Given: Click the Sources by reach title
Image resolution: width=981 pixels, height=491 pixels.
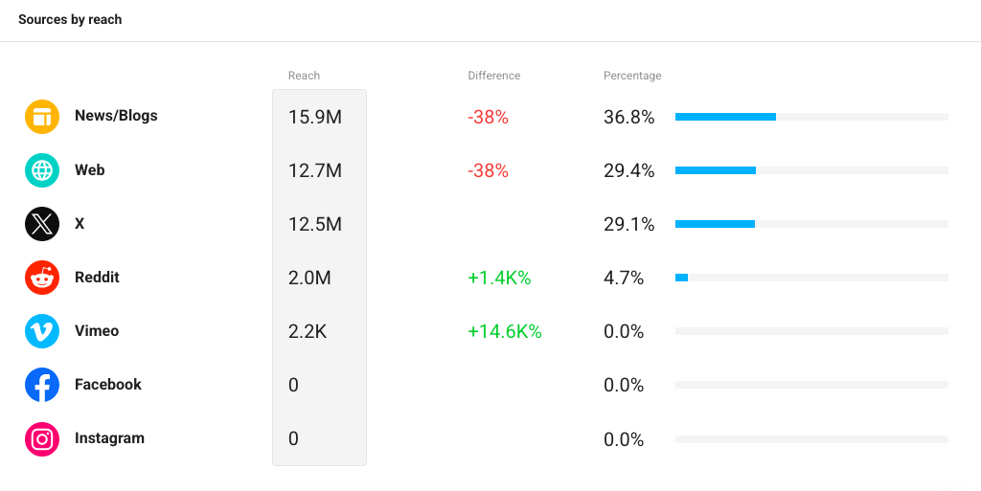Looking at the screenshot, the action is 70,19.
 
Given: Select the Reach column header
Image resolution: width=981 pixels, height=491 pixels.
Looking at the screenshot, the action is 304,76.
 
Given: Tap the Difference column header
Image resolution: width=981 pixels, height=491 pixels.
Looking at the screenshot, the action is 494,76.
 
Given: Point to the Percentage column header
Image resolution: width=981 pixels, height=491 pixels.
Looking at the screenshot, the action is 632,76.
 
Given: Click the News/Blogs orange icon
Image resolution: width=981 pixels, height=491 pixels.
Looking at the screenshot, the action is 42,117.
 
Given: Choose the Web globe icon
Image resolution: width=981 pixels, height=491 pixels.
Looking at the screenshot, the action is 42,170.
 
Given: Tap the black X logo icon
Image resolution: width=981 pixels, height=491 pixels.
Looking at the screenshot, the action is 42,224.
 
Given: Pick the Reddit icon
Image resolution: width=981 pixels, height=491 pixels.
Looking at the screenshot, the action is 42,278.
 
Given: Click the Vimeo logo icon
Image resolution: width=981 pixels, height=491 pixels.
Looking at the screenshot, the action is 42,331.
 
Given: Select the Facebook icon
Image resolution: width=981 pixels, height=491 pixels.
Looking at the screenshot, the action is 42,385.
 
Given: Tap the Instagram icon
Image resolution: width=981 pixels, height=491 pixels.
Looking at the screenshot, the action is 42,439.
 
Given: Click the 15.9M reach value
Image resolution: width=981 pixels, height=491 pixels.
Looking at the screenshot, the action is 315,118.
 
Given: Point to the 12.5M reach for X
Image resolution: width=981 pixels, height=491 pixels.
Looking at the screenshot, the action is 315,224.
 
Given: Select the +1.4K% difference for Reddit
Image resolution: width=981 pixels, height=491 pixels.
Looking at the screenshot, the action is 499,278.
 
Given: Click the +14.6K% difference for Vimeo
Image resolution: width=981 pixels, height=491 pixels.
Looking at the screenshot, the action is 505,332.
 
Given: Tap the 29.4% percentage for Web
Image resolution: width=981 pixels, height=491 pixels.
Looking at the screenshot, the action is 628,170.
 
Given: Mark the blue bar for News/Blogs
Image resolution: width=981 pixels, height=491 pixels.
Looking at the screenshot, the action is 726,117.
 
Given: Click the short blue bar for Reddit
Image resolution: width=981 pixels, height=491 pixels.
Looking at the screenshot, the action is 681,278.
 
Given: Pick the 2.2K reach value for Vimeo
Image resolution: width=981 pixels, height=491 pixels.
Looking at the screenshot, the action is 308,332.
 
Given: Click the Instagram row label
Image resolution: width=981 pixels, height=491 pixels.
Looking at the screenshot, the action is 109,438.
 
